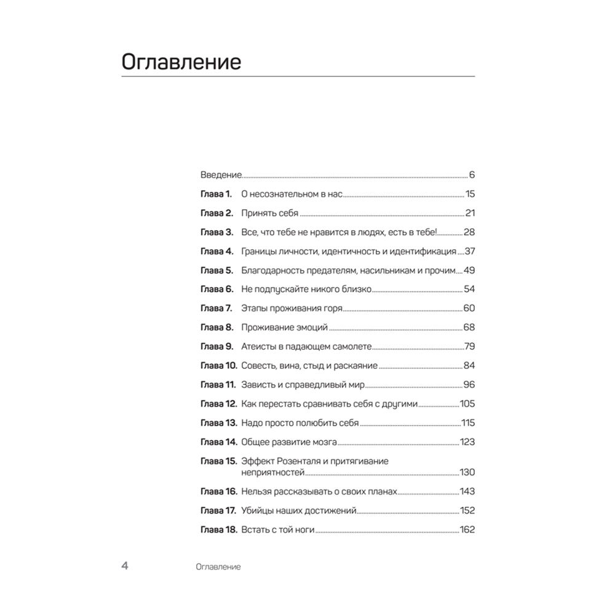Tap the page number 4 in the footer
pos(125,566)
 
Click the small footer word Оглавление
pos(216,567)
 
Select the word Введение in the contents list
pos(221,175)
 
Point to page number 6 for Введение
pos(472,175)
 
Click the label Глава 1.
pos(216,194)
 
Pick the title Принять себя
pos(269,213)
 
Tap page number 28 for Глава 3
pos(469,232)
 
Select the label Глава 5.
pos(216,271)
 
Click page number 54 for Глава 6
pos(469,290)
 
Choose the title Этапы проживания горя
pos(292,309)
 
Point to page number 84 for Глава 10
pos(469,366)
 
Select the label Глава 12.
pos(218,404)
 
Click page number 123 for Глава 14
pos(467,442)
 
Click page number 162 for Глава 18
pos(467,530)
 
